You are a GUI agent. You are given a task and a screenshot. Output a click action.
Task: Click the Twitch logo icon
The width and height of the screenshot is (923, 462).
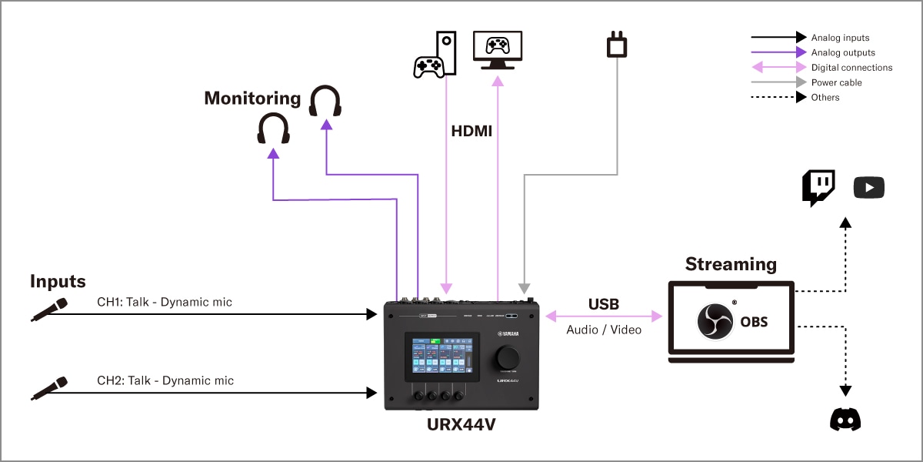click(x=818, y=188)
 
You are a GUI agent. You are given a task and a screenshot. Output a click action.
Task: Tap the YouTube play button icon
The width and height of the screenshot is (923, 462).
click(x=869, y=187)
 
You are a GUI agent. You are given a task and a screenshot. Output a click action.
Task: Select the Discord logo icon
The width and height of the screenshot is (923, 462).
click(x=845, y=420)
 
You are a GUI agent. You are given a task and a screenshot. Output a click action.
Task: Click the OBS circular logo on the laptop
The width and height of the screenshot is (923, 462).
click(x=715, y=321)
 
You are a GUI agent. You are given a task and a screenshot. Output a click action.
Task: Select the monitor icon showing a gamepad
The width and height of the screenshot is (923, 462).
click(x=498, y=50)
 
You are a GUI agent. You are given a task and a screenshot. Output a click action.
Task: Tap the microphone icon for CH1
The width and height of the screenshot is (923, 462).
click(x=49, y=309)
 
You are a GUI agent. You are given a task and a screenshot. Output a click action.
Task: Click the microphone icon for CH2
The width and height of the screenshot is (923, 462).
click(x=49, y=388)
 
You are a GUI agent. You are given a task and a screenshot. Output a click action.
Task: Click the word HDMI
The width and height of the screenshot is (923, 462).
click(x=471, y=132)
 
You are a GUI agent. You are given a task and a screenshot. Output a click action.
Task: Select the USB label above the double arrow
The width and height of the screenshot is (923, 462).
click(x=604, y=304)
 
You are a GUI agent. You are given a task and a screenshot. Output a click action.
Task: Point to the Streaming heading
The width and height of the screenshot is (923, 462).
click(x=731, y=264)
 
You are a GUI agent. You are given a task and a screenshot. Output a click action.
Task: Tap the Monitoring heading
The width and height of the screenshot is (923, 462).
click(x=252, y=98)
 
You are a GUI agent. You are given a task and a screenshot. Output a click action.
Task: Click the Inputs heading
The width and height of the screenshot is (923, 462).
click(x=58, y=281)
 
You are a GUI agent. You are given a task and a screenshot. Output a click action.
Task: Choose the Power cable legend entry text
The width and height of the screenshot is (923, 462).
click(x=836, y=82)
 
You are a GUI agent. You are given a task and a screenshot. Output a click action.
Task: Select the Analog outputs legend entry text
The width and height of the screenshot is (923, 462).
click(x=843, y=53)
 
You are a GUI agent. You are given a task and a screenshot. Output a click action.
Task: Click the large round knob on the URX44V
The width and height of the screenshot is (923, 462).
click(x=508, y=357)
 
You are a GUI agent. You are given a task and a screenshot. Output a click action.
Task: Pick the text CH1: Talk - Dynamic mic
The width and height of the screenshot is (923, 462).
click(x=165, y=302)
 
